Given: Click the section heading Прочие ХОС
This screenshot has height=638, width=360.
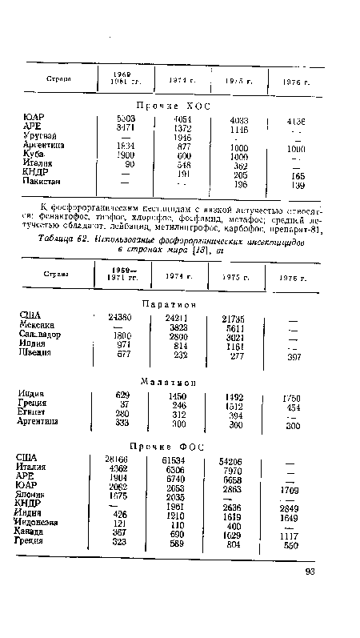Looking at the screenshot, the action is click(x=179, y=106).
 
